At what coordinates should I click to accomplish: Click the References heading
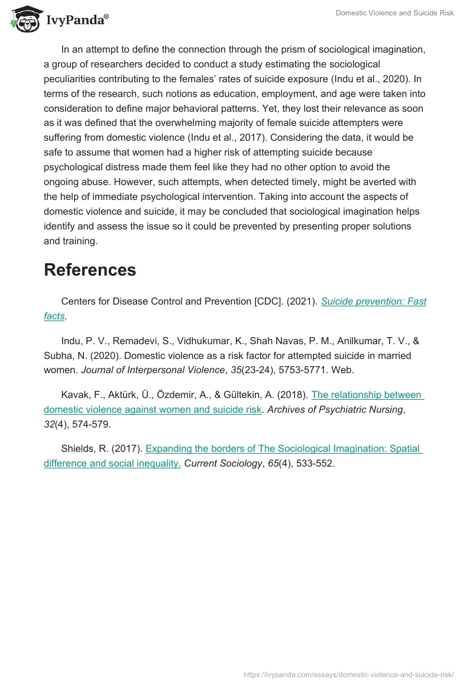(90, 270)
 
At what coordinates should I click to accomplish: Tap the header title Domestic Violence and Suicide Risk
(394, 13)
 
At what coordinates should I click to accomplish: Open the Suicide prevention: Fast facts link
(373, 302)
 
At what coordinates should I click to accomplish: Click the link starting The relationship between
(366, 395)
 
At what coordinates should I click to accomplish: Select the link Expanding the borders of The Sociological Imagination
(283, 449)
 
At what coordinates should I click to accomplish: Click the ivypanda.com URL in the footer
(349, 674)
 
